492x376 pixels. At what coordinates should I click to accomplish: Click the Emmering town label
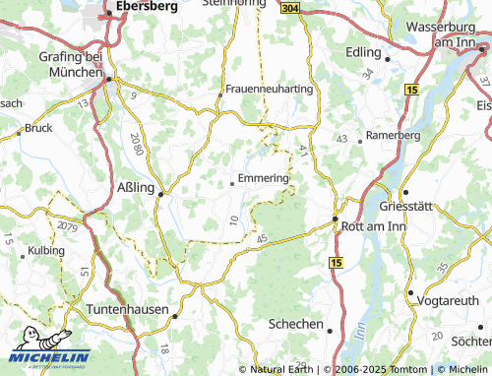coord(264,177)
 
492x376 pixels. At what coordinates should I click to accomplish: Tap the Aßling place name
coord(135,192)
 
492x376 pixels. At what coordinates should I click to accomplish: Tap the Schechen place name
coord(295,324)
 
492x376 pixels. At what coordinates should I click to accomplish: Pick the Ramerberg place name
coord(393,134)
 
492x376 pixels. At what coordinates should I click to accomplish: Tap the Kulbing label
coord(46,251)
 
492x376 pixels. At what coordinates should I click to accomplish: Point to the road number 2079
coord(67,227)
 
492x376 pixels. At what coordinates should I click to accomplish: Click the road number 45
coord(261,239)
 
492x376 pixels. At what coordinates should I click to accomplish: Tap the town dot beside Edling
coord(389,58)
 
